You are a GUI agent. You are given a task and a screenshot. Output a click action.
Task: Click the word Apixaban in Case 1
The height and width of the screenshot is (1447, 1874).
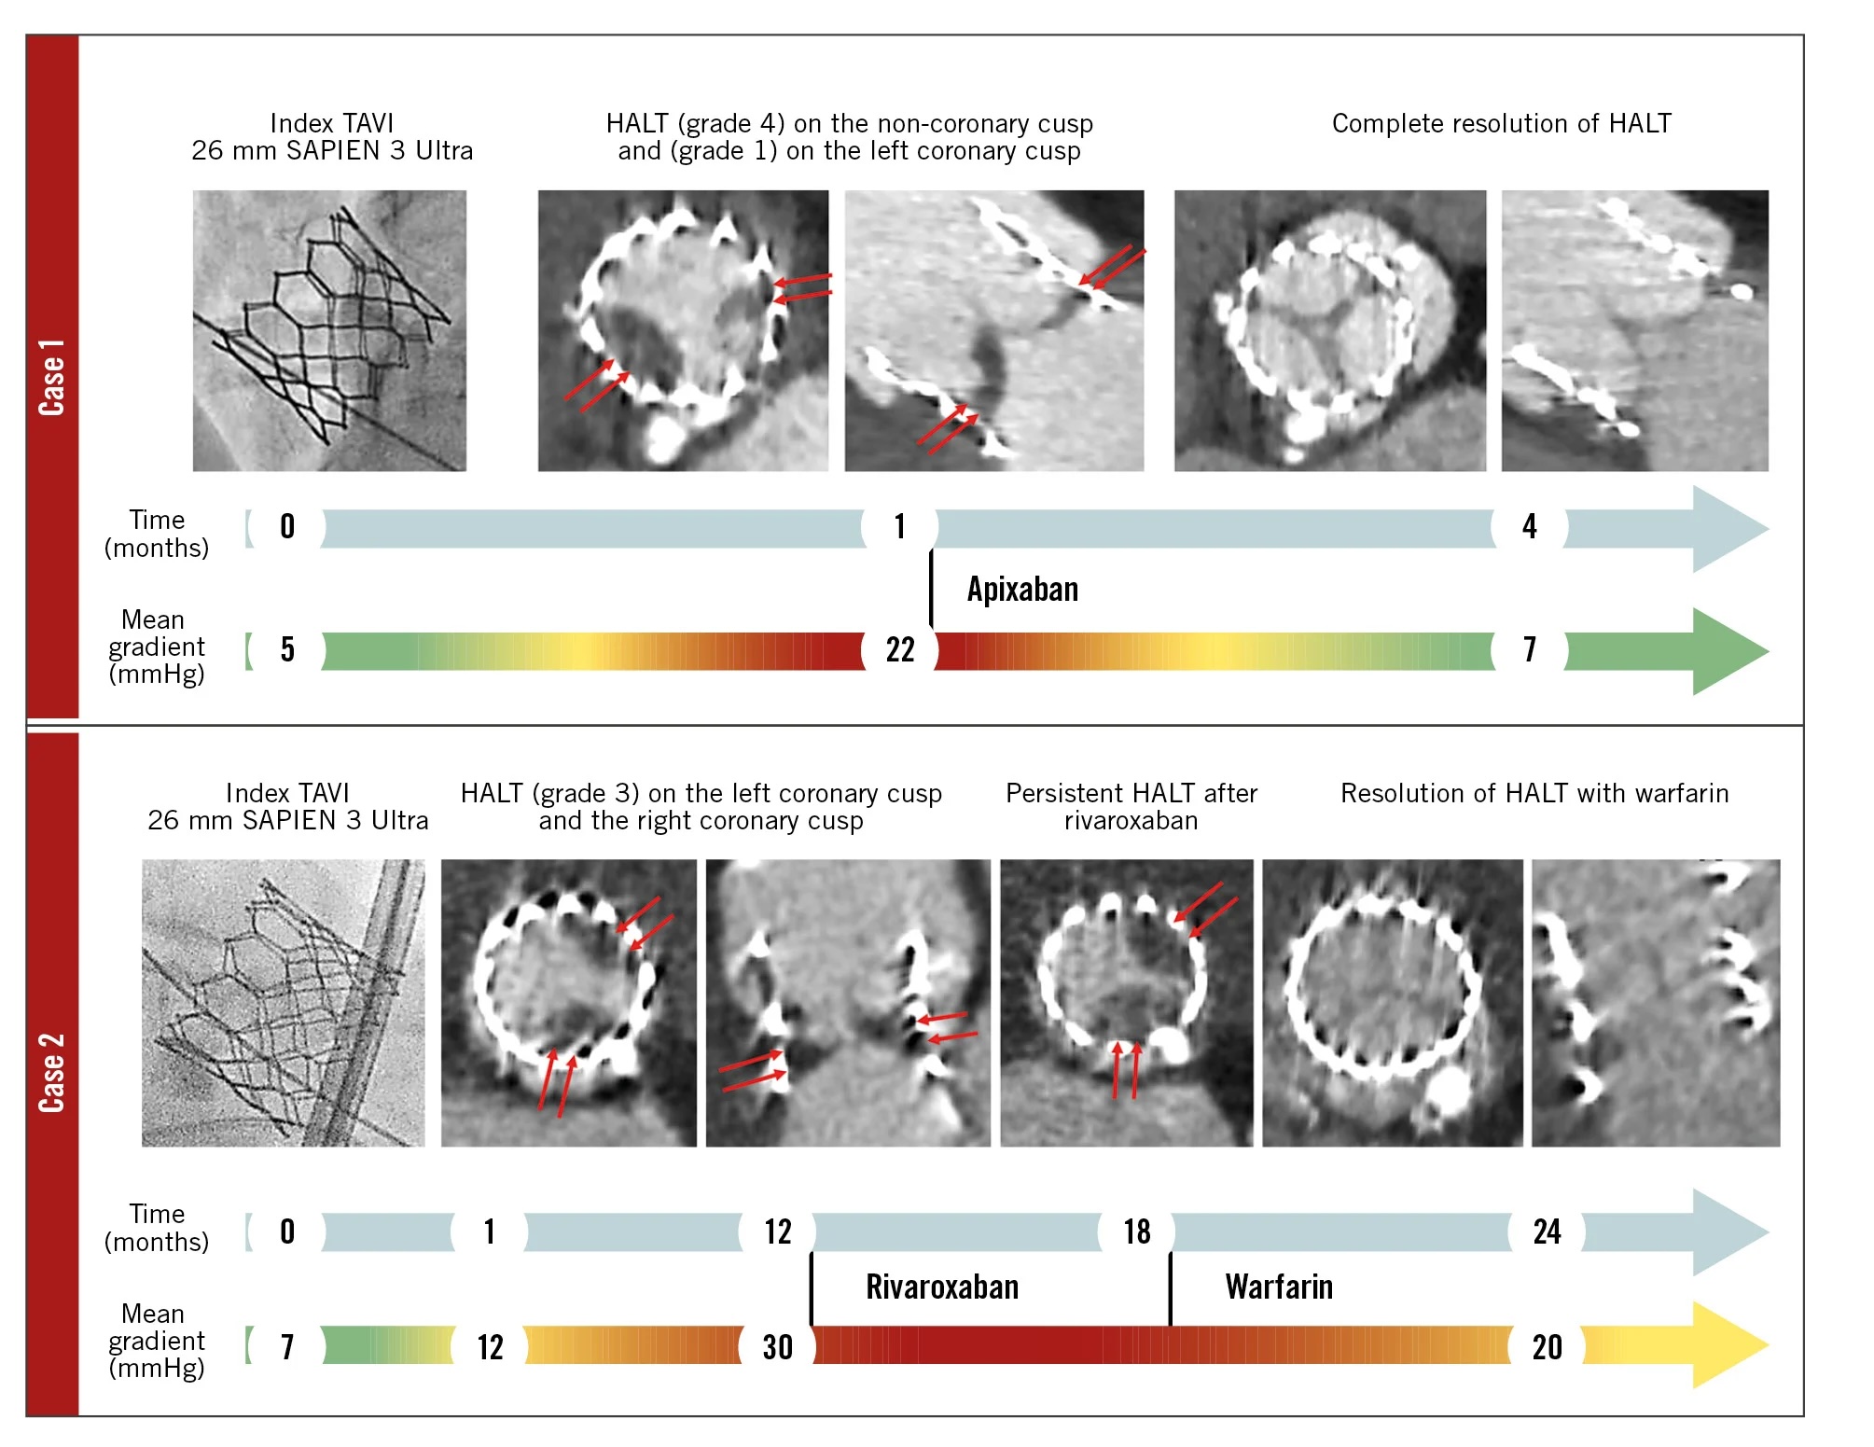coord(1022,590)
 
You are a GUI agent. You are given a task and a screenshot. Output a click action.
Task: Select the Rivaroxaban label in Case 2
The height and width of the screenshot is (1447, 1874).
coord(941,1287)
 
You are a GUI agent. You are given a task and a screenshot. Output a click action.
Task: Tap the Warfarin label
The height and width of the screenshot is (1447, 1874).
coord(1278,1287)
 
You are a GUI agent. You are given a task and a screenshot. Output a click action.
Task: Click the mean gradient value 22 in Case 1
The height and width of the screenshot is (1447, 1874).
coord(899,650)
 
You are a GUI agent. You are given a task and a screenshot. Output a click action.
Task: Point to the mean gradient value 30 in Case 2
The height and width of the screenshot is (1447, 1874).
coord(777,1347)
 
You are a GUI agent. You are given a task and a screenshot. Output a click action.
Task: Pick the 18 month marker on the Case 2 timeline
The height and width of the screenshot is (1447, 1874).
coord(1136,1231)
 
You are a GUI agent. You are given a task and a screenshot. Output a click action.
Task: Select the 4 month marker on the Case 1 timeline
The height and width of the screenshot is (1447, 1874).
coord(1529,527)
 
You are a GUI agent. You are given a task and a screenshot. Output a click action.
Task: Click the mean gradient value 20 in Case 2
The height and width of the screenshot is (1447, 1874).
coord(1547,1347)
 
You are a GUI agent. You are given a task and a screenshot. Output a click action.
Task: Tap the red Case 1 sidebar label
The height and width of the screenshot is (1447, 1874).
coord(52,377)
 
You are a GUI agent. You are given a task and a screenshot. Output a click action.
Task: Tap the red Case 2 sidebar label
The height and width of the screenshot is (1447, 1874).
coord(52,1072)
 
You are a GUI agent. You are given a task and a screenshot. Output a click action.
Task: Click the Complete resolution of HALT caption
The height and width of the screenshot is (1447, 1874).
coord(1501,123)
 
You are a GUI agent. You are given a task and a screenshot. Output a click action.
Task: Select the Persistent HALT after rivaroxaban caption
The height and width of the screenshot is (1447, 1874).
coord(1131,806)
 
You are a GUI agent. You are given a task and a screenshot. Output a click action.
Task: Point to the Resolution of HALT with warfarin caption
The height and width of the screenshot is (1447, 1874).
coord(1534,793)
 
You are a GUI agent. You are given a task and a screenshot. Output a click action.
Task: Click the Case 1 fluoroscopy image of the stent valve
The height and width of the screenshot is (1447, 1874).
coord(329,330)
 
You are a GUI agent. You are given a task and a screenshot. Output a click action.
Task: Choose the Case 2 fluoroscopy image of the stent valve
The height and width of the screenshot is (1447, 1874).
coord(283,1002)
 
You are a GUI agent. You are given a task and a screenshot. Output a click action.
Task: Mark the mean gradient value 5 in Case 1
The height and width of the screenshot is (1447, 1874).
coord(287,650)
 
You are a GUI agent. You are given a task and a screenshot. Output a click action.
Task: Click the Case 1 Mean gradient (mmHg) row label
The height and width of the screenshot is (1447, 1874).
coord(156,647)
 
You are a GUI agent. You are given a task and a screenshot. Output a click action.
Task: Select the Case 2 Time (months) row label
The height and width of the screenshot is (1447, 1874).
coord(156,1227)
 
